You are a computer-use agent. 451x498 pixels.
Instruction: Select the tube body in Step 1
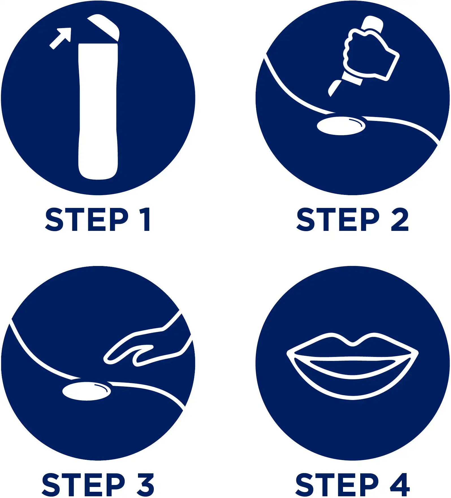(x=98, y=111)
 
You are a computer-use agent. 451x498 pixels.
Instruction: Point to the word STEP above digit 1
(x=87, y=219)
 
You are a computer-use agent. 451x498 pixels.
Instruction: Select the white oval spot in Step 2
(x=341, y=126)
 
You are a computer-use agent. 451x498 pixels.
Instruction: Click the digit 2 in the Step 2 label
(x=400, y=219)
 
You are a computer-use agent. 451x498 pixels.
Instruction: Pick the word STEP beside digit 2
(x=338, y=219)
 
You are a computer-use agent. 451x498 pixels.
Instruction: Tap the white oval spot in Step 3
(x=87, y=391)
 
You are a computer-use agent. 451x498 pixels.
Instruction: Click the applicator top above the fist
(x=373, y=23)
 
